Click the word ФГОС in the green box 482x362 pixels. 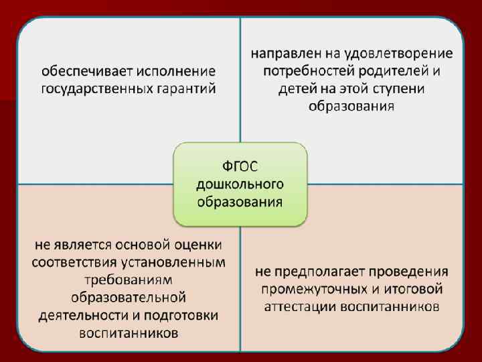click(240, 166)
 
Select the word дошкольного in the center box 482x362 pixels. click(240, 183)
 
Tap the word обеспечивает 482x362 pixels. click(82, 71)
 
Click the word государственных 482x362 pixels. click(86, 88)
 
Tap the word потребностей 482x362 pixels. click(303, 70)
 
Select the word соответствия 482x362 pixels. click(72, 261)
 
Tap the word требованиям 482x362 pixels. click(127, 280)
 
